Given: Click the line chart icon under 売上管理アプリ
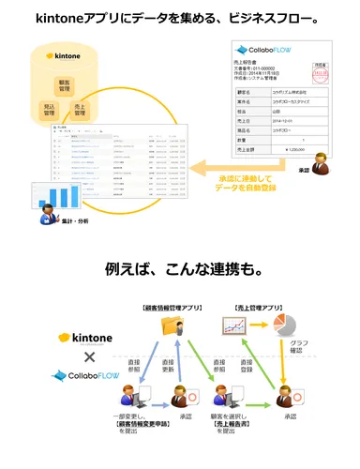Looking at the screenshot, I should point(233,326).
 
